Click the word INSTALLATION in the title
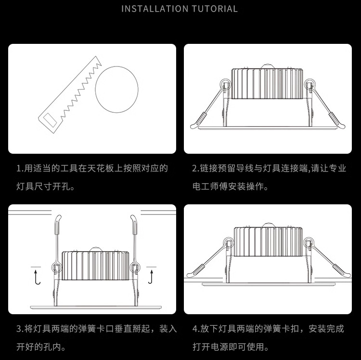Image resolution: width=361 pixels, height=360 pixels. coord(149,9)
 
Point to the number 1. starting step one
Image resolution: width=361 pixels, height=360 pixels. coord(20,169)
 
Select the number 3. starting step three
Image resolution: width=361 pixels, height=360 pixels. coord(20,329)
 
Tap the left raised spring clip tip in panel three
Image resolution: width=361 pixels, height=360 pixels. coord(58,219)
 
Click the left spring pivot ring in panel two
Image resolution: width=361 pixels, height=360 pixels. coord(224,86)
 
